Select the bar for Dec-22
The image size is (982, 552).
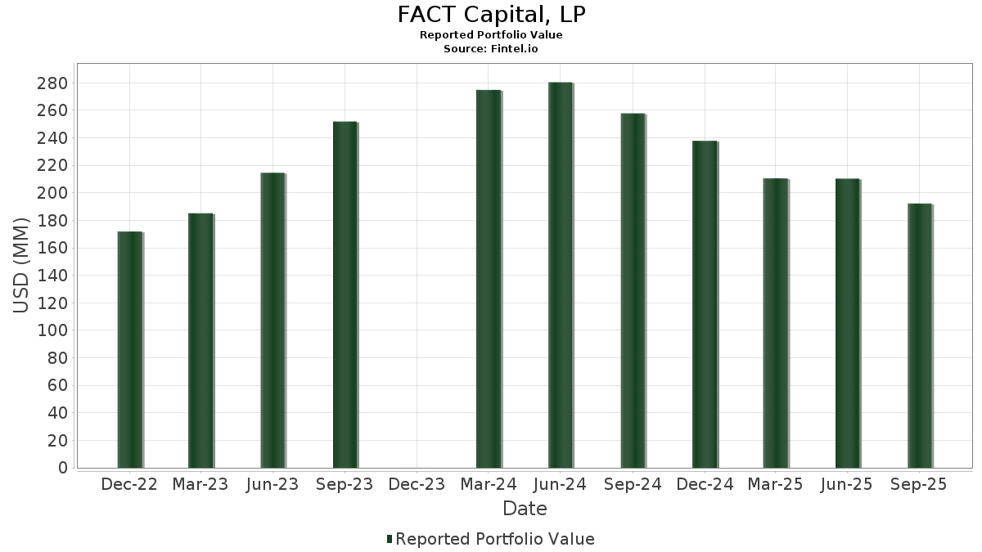pos(129,350)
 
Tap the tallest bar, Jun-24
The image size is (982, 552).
pos(560,275)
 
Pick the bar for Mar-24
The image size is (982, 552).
pos(488,279)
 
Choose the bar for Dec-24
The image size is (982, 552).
pos(704,304)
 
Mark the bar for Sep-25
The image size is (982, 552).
pos(919,335)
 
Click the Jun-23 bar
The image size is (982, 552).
pos(273,321)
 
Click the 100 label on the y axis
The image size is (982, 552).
pos(53,330)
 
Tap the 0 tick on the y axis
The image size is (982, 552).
pos(62,468)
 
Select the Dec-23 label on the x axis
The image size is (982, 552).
pos(417,485)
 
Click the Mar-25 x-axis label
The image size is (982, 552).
pos(776,485)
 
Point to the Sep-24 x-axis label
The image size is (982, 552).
pos(632,485)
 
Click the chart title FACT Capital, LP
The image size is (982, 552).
pos(491,15)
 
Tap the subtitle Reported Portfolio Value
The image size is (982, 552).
pos(491,35)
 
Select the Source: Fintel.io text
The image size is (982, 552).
pos(491,49)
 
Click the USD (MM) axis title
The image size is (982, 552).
pos(22,264)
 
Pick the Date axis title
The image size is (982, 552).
pos(525,509)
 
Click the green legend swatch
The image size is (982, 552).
pos(390,539)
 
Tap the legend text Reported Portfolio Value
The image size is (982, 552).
pos(495,539)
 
